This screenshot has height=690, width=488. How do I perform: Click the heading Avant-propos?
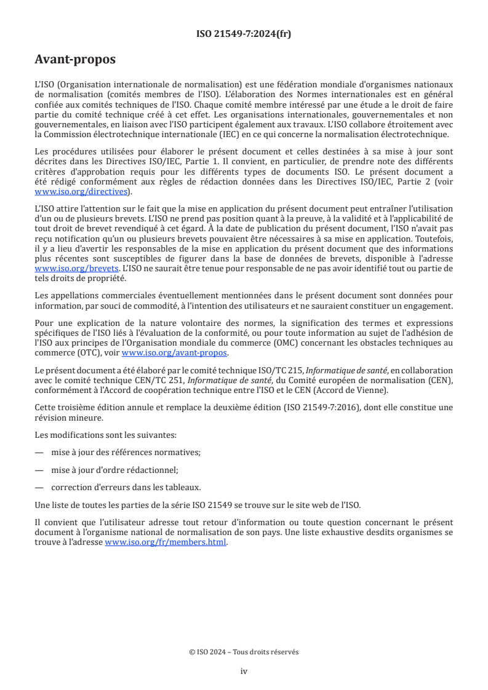coord(75,60)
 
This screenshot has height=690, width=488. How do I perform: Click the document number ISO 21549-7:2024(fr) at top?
coord(244,34)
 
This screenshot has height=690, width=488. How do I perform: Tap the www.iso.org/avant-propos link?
coord(175,352)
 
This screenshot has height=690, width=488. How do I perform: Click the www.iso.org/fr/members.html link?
coord(166,542)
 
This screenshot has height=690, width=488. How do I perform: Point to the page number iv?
coord(244,671)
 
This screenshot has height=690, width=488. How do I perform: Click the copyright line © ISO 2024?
coord(244,652)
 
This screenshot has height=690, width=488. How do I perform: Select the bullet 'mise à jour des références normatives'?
coord(126,452)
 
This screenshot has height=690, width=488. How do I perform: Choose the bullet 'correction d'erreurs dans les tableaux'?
coord(126,487)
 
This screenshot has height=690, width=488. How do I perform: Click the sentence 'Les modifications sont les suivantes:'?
coord(105,435)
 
